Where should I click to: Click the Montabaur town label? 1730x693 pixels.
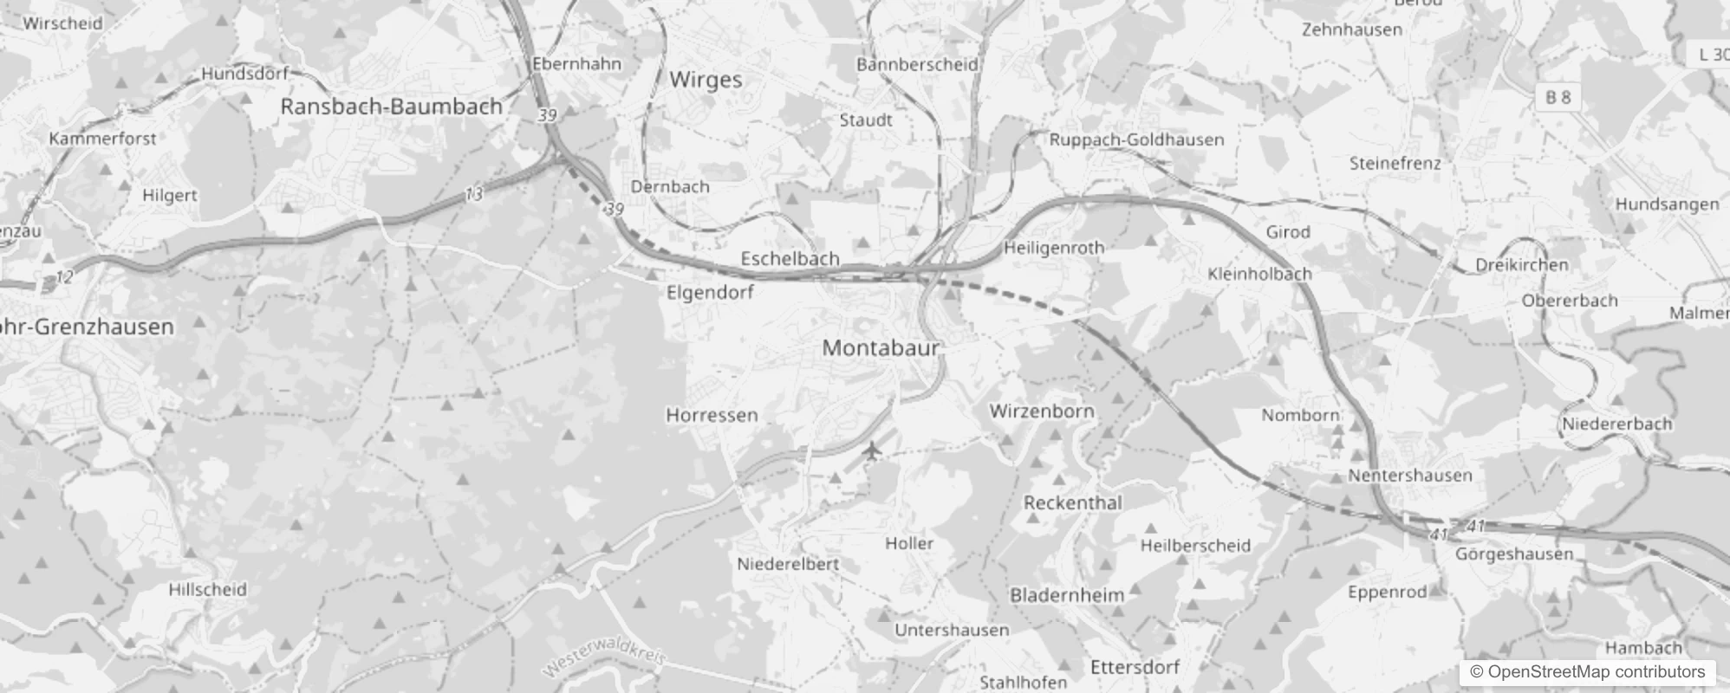click(x=881, y=348)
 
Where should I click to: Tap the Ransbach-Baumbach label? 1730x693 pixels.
click(x=391, y=107)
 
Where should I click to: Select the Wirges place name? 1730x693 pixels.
click(x=706, y=81)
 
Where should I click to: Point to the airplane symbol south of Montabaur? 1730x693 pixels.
click(x=872, y=451)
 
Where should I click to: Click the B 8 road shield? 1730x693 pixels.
click(x=1558, y=97)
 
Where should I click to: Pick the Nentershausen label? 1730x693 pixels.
click(x=1409, y=476)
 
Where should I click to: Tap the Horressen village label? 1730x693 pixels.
click(x=712, y=416)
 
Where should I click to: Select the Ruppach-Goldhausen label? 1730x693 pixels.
click(x=1136, y=139)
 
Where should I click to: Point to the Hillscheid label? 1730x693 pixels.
click(x=207, y=590)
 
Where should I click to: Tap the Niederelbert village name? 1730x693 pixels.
click(x=788, y=564)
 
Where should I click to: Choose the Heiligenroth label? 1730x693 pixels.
click(x=1054, y=248)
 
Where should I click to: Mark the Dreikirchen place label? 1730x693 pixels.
click(x=1521, y=265)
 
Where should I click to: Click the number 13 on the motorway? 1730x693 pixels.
click(x=473, y=195)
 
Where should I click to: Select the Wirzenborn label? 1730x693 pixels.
click(x=1042, y=411)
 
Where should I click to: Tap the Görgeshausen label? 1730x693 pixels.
click(x=1513, y=554)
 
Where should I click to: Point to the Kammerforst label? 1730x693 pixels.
click(x=102, y=139)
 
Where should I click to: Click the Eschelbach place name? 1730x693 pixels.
click(x=790, y=258)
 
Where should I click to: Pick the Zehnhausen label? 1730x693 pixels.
click(x=1351, y=29)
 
